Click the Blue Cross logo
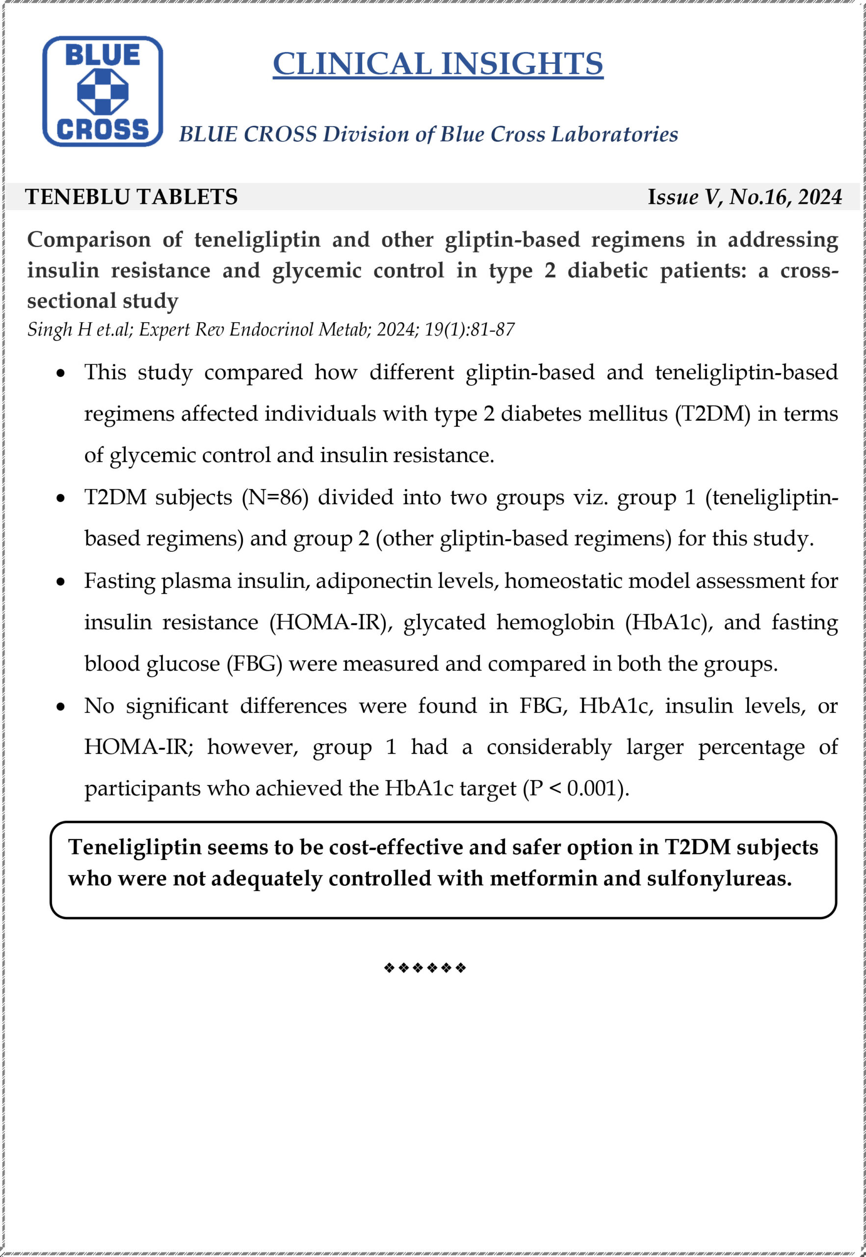(103, 91)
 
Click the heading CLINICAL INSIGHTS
(437, 64)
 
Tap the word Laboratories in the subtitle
(614, 134)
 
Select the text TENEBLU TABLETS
(131, 196)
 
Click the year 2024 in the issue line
(820, 196)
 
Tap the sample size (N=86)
(275, 497)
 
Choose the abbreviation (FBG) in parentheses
(254, 664)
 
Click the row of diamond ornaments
(424, 968)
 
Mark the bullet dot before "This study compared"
(61, 374)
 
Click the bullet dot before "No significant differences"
(61, 707)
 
